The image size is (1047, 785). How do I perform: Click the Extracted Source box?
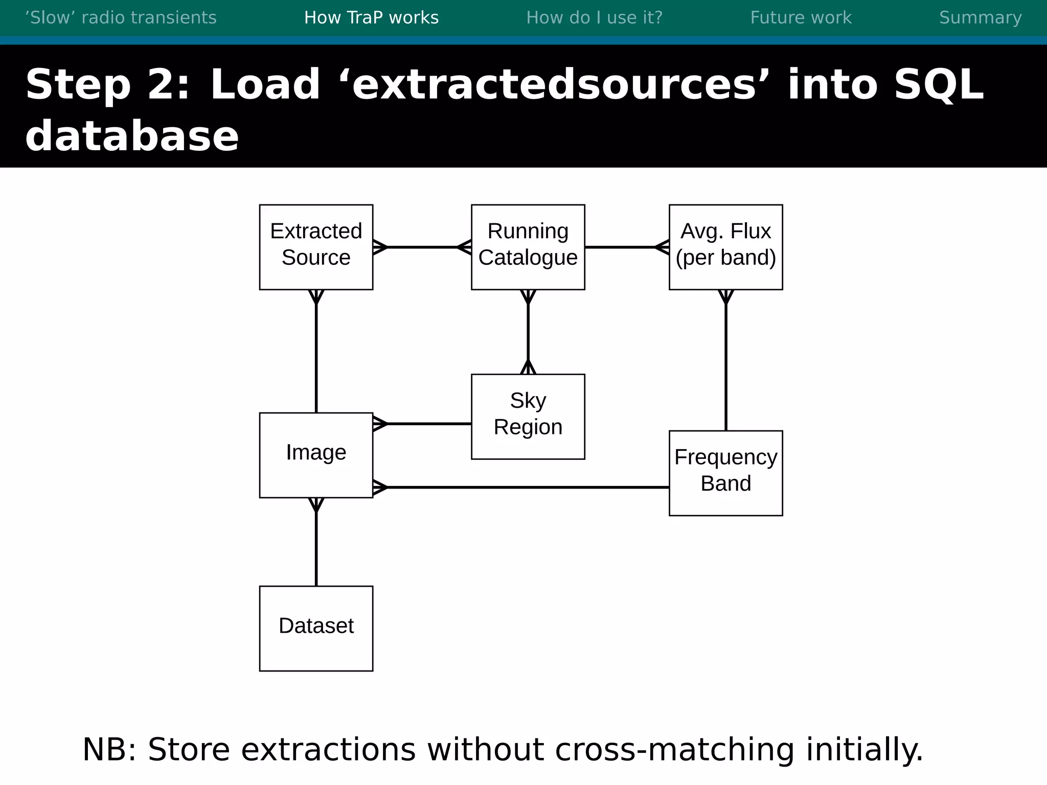pyautogui.click(x=316, y=247)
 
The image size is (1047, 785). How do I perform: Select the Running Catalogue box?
pyautogui.click(x=528, y=247)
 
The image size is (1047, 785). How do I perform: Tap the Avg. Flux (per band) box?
pyautogui.click(x=725, y=247)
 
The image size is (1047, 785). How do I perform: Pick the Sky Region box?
pyautogui.click(x=528, y=416)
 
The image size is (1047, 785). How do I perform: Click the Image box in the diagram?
pyautogui.click(x=316, y=455)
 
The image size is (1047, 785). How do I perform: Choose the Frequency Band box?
pyautogui.click(x=725, y=473)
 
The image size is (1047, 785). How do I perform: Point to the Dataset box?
pyautogui.click(x=316, y=628)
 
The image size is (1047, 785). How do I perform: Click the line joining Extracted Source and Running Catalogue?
pyautogui.click(x=422, y=247)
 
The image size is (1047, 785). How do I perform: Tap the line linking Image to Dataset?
pyautogui.click(x=316, y=547)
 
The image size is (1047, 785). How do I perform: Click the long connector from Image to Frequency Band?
pyautogui.click(x=521, y=488)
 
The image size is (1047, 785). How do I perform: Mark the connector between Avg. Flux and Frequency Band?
pyautogui.click(x=726, y=363)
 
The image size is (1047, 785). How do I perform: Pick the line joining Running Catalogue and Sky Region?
pyautogui.click(x=528, y=332)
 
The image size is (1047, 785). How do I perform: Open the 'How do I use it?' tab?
pyautogui.click(x=594, y=18)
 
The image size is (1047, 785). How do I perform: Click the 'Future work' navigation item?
pyautogui.click(x=801, y=18)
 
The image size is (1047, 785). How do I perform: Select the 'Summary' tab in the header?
pyautogui.click(x=980, y=18)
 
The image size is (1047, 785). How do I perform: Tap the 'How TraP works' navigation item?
pyautogui.click(x=371, y=18)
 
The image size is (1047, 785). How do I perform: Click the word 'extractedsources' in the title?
pyautogui.click(x=554, y=85)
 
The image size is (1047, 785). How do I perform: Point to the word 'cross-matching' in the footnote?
pyautogui.click(x=674, y=750)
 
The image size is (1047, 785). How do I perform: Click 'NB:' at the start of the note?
pyautogui.click(x=109, y=750)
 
